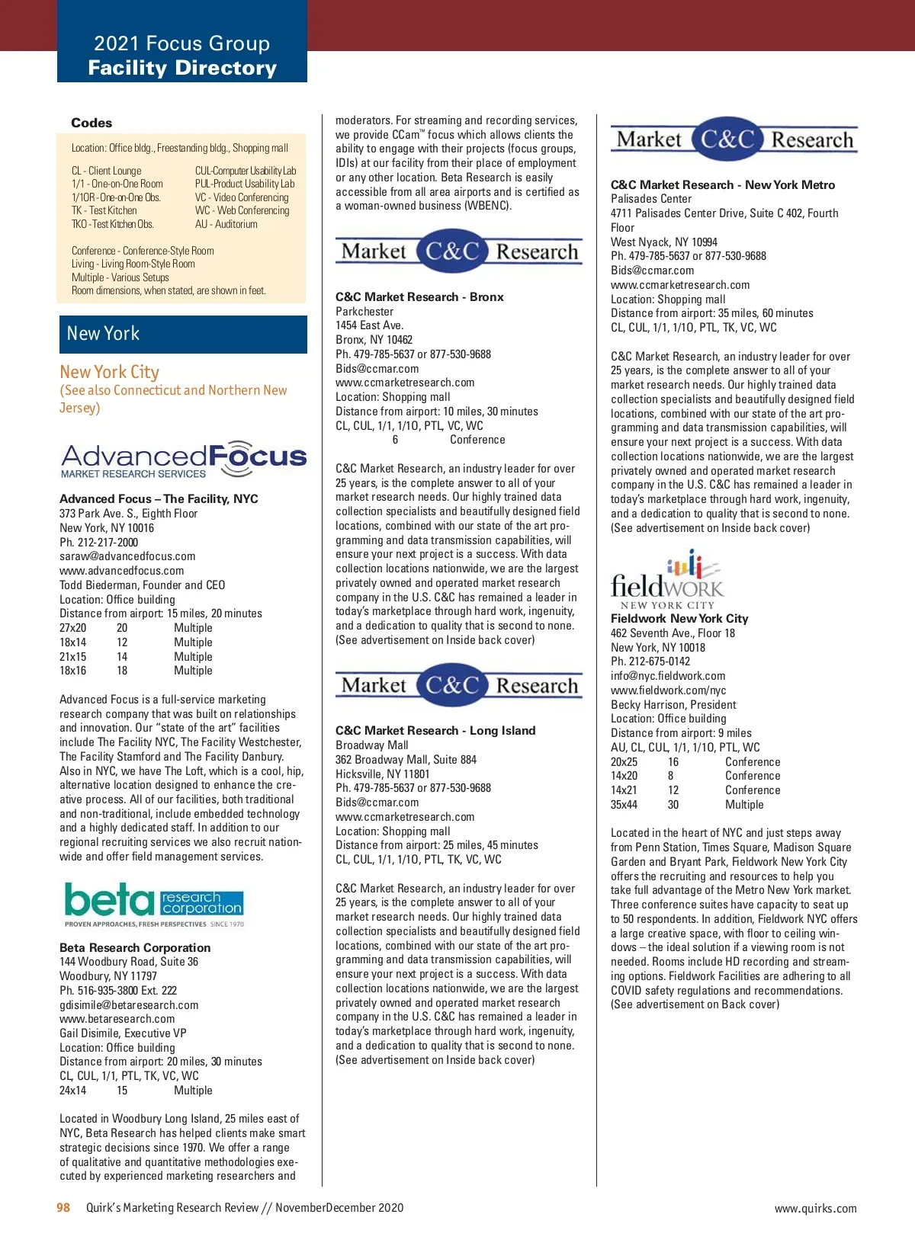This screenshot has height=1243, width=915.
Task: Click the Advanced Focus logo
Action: [183, 460]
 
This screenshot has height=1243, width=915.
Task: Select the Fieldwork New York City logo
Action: [667, 579]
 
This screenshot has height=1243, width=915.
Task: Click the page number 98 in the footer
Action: [63, 1207]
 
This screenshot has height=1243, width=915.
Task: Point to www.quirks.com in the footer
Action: [815, 1208]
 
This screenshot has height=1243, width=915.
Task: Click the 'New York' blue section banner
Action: [183, 334]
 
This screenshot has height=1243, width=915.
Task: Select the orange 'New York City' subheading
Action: [110, 372]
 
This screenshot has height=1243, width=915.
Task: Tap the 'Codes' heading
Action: [91, 123]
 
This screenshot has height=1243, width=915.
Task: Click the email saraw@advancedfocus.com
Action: [127, 556]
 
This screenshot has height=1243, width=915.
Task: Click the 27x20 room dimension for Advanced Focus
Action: [72, 628]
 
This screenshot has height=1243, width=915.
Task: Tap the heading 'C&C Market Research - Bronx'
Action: [419, 296]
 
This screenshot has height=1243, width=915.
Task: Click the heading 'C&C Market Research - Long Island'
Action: [435, 730]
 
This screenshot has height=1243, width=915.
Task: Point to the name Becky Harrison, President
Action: [673, 704]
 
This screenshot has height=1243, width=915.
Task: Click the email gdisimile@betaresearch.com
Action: [129, 1004]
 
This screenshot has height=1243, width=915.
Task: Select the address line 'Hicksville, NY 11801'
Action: [383, 774]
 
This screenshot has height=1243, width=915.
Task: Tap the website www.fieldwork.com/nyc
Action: [668, 690]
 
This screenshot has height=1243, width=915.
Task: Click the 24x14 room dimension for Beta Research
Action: [72, 1091]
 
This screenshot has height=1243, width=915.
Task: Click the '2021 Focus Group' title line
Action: [181, 43]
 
